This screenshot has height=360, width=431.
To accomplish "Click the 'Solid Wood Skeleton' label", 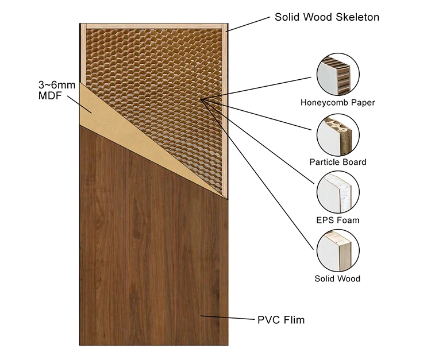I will tap(326, 17).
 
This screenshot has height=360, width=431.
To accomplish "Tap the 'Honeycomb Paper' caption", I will tap(337, 103).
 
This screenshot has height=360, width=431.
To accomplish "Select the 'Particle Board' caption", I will tap(337, 162).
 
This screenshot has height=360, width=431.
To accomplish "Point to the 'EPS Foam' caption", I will tap(337, 220).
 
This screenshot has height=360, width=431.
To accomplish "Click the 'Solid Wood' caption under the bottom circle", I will tap(337, 278).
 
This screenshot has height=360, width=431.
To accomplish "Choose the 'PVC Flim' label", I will tap(280, 320).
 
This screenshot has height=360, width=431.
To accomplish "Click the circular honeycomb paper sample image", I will tap(338, 75).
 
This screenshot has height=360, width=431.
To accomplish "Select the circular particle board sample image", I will tap(338, 134).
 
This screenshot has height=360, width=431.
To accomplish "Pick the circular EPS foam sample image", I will tap(338, 192).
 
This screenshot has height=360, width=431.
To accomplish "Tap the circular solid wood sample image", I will tap(338, 250).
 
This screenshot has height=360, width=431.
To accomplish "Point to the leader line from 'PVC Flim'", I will tap(227, 318).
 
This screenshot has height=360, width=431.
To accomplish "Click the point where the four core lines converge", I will tap(202, 99).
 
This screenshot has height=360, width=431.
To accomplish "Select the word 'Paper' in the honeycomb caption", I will tap(363, 103).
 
